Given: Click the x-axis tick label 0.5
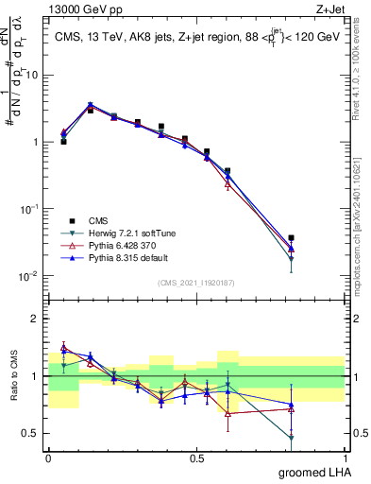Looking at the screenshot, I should pos(196,458).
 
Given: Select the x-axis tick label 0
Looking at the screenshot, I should pos(48,458).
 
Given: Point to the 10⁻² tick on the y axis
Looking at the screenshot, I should pos(29,276).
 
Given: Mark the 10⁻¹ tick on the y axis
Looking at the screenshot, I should pos(29,209).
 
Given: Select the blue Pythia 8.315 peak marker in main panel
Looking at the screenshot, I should pos(90,105).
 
